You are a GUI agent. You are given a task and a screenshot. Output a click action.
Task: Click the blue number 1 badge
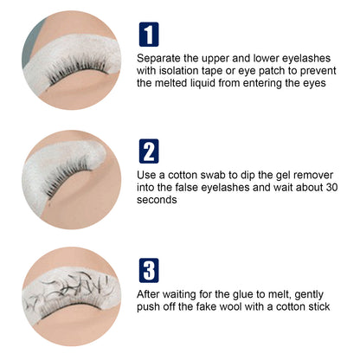pos(148,34)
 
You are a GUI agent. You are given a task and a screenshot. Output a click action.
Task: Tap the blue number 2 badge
pos(149,151)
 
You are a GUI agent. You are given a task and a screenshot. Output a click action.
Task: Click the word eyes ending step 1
pos(312,85)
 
